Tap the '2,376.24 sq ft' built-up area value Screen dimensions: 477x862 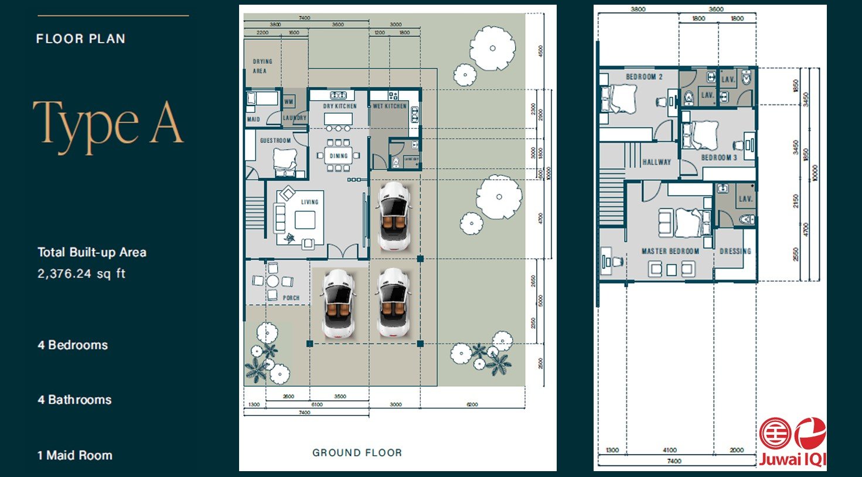81,274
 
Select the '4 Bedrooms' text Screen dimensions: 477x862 73,345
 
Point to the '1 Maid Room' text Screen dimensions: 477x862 74,455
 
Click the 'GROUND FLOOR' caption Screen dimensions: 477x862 357,452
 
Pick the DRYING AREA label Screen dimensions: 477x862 261,66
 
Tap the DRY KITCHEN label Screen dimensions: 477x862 340,106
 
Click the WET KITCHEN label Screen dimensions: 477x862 390,106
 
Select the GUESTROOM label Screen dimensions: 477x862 275,141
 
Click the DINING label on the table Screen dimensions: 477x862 339,156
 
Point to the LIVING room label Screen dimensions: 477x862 309,202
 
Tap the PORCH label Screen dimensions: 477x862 291,298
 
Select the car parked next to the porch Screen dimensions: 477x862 338,303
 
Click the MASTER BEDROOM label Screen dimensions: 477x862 670,251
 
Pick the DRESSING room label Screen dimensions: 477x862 735,251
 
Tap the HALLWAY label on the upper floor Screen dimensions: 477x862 656,162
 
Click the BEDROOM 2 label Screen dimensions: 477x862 644,77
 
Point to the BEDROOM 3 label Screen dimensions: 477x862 719,158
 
